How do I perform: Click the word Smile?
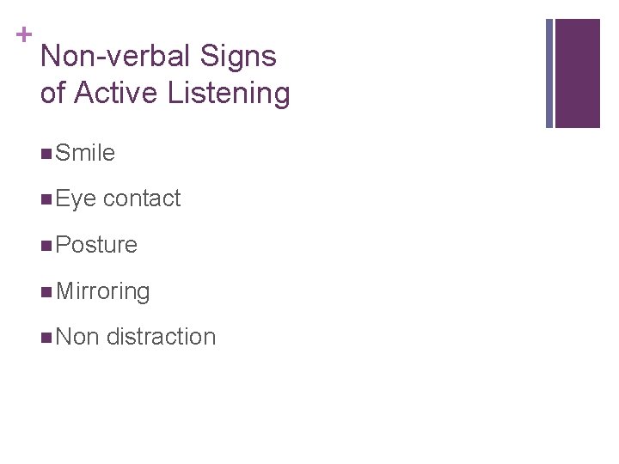tap(84, 153)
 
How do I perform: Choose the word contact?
tap(142, 199)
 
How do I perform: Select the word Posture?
tap(95, 245)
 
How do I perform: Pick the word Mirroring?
tap(102, 291)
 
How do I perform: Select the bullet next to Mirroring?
tap(45, 292)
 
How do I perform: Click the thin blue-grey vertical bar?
tap(549, 73)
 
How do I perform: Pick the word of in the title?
tap(52, 93)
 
